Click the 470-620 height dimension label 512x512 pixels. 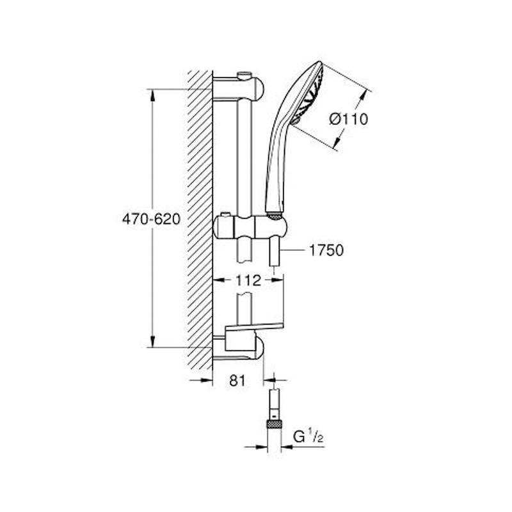(151, 219)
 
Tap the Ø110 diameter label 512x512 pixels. (348, 119)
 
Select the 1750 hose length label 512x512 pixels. (326, 250)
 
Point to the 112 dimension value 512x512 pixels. (248, 280)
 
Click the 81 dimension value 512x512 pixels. (237, 380)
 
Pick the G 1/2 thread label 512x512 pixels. (308, 436)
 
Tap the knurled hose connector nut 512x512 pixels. (275, 424)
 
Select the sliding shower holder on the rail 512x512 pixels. (250, 227)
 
